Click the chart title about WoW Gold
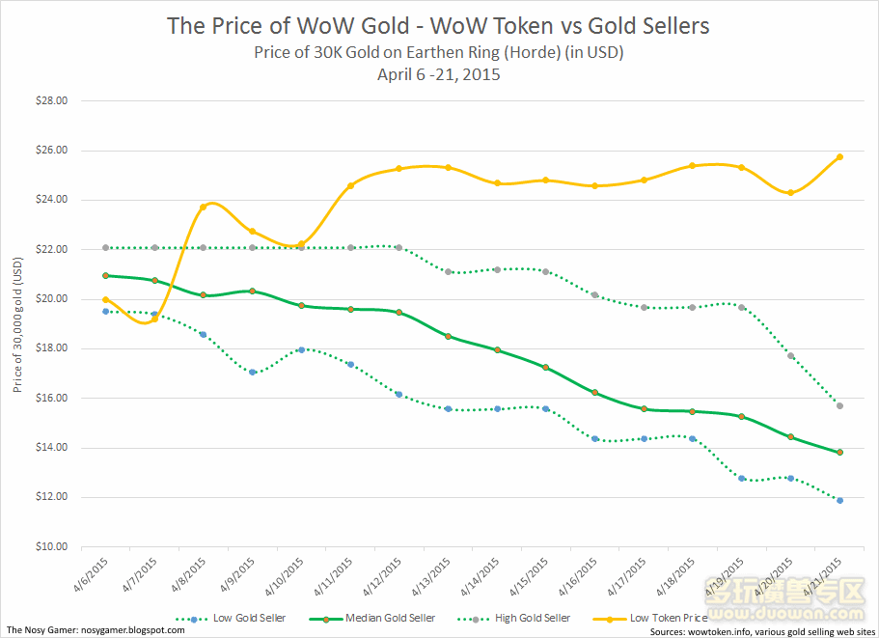pos(438,25)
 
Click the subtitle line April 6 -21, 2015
pos(438,73)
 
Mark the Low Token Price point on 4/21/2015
pos(840,156)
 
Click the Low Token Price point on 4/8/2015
pos(204,207)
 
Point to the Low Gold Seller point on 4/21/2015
pos(840,500)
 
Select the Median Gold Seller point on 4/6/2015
pos(106,275)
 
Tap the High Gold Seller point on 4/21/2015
pos(840,405)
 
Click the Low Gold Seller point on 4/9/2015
pos(253,372)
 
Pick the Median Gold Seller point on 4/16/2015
pos(595,393)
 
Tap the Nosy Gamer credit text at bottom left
pos(96,629)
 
